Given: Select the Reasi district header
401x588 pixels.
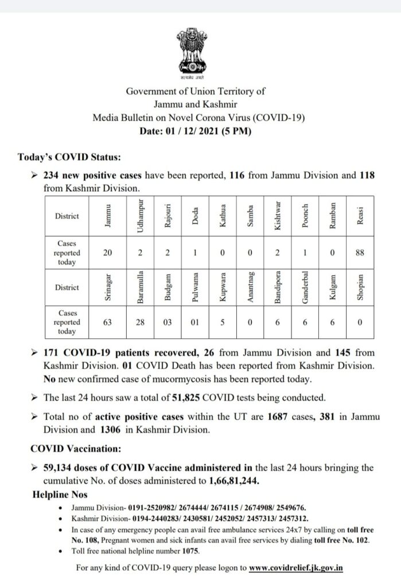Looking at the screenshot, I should click(x=360, y=215).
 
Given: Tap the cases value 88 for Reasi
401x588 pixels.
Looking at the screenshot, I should click(x=360, y=253).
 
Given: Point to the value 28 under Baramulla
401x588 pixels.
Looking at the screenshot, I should click(x=139, y=323).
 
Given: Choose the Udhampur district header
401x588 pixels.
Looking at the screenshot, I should click(x=139, y=215).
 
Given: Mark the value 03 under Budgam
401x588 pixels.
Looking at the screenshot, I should click(x=167, y=323).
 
